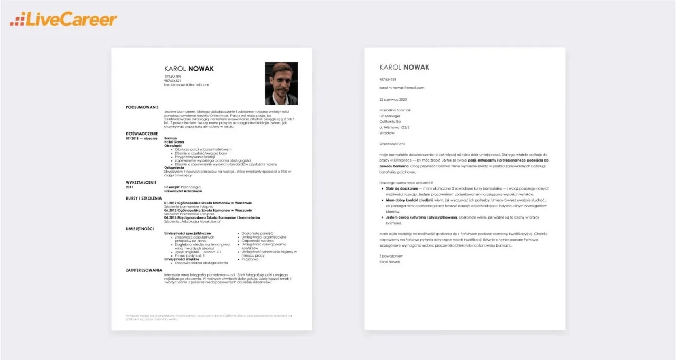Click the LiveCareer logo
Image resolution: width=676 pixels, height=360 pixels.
pos(63,20)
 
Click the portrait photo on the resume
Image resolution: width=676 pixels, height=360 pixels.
pos(281,83)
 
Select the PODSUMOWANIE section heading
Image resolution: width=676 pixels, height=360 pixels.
pos(142,107)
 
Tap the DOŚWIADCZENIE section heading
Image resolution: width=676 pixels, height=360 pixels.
pos(143,134)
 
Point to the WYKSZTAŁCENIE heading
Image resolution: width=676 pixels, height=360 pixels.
pos(141,182)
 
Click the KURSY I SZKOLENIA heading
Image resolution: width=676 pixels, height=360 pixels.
pos(144,198)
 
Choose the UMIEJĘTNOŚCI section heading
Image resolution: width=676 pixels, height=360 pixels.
pos(139,229)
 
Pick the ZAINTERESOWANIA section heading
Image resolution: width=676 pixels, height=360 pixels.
pos(144,270)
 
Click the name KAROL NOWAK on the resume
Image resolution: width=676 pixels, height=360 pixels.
pos(189,68)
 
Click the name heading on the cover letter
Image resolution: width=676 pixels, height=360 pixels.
pos(404,67)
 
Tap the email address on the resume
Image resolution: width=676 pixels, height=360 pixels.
pos(186,84)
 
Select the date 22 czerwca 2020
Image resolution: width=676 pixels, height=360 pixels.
pos(393,99)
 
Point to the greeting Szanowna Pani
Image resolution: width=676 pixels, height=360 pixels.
pos(392,143)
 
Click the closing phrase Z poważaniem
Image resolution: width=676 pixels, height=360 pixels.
pos(391,256)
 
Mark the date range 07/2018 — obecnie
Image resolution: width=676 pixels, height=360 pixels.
pos(142,138)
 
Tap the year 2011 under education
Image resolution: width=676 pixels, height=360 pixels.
pos(130,187)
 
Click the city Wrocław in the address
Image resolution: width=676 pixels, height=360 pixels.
pos(388,132)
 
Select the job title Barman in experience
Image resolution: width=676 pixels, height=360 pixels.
pos(171,138)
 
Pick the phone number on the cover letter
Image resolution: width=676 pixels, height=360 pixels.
pos(388,80)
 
